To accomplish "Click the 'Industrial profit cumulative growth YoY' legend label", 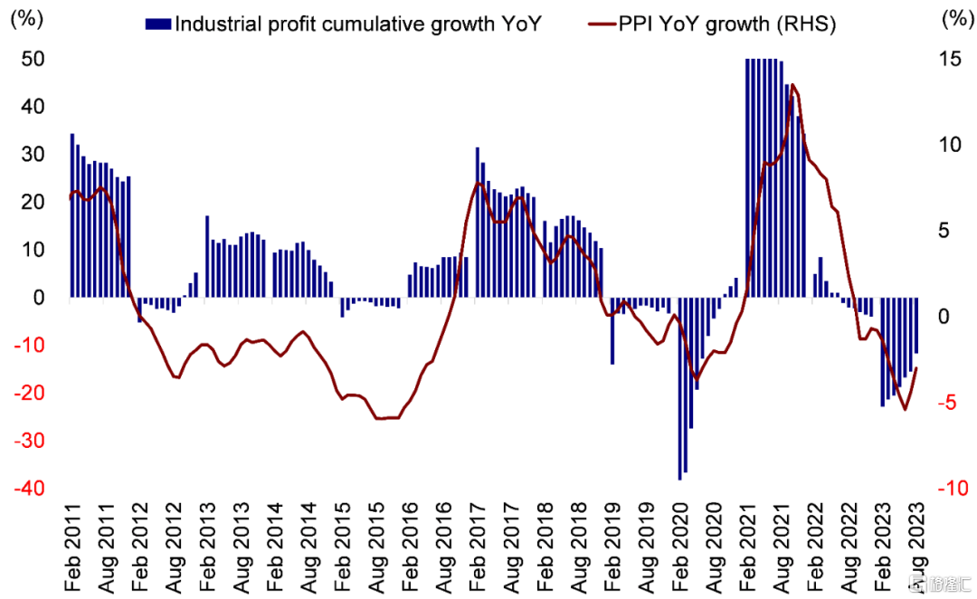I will pyautogui.click(x=357, y=24).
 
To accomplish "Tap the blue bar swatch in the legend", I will pyautogui.click(x=157, y=24).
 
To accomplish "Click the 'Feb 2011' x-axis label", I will pyautogui.click(x=71, y=543).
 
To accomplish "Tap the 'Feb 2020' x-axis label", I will pyautogui.click(x=680, y=543).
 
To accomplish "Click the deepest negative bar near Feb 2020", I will pyautogui.click(x=680, y=389).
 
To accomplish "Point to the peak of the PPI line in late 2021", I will pyautogui.click(x=793, y=85).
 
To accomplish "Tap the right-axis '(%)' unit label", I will pyautogui.click(x=953, y=20).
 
